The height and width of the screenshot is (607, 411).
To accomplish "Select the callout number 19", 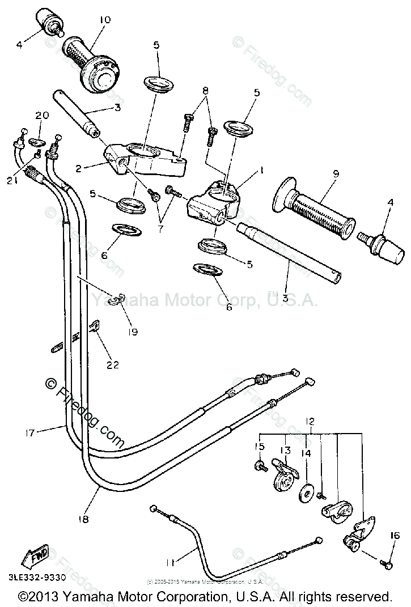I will [133, 332].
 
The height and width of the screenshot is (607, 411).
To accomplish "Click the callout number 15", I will [259, 447].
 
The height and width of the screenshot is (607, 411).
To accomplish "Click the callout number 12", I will [310, 421].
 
